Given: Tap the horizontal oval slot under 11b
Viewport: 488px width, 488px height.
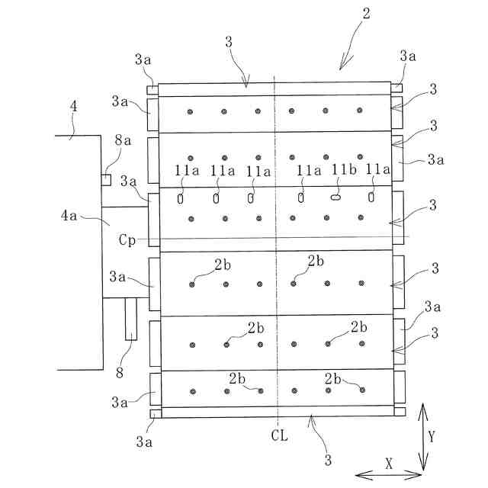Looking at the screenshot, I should coord(335,197).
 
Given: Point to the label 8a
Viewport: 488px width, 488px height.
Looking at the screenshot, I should coord(123,141).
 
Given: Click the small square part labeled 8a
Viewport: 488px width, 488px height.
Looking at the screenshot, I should coord(107,180).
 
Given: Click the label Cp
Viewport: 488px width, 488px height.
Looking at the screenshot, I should coord(127,239).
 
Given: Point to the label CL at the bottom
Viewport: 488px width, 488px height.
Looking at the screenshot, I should coord(278,435).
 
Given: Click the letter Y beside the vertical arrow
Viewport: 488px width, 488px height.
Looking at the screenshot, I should coord(431,437).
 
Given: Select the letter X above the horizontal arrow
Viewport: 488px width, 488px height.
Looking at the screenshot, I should coord(387,463).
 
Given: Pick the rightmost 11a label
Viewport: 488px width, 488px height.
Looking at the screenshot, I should coord(377,169).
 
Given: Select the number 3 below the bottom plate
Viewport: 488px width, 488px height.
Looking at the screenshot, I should coord(329,460).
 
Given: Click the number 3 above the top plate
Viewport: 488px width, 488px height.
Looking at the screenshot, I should coord(229,43).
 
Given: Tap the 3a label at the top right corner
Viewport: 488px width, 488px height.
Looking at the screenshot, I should coord(407,56).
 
